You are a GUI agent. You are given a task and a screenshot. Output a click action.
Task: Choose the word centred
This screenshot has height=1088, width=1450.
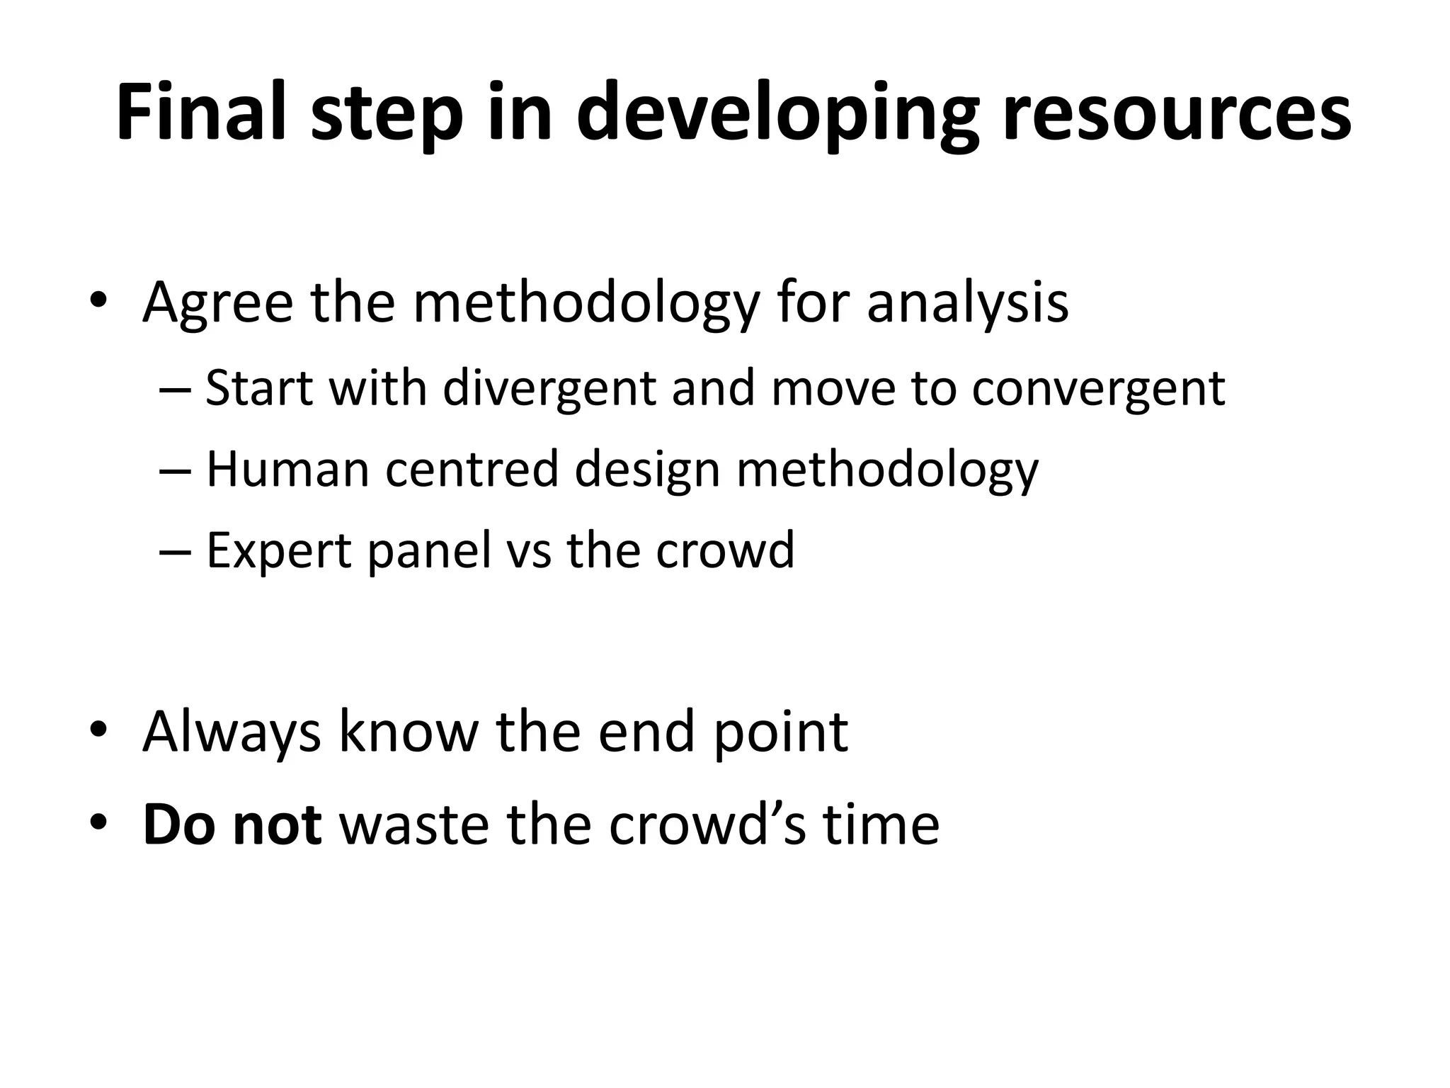[x=472, y=469]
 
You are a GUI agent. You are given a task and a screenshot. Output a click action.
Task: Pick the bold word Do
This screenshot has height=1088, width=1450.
[x=179, y=824]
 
